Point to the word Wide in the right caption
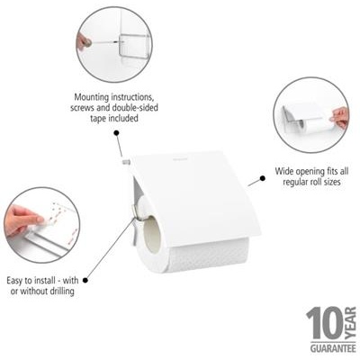click(284, 169)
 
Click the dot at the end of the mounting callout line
click(118, 133)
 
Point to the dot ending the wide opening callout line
click(261, 179)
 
